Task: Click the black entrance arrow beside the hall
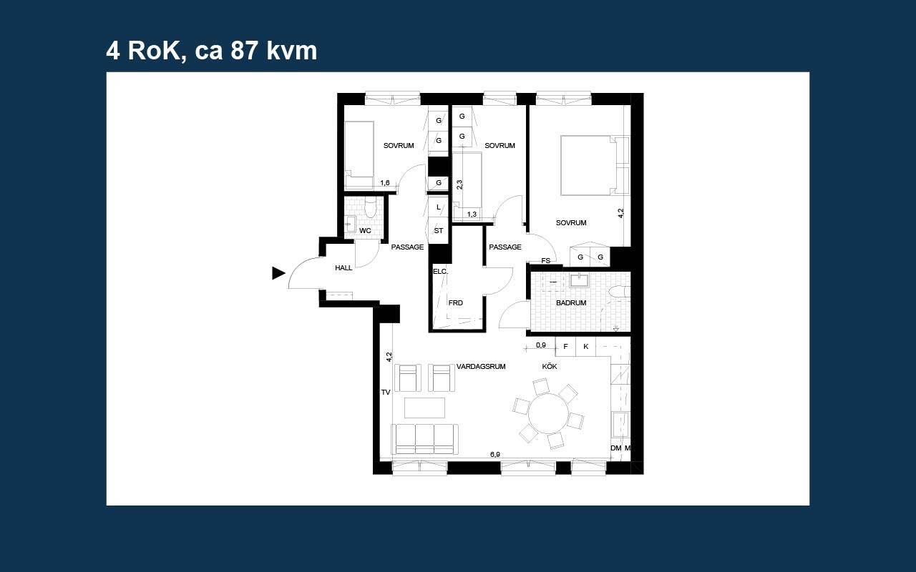point(278,273)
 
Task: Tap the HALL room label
point(343,268)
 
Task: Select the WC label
point(365,231)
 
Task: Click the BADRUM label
point(571,302)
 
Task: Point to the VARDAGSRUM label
point(481,367)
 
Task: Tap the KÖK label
point(550,366)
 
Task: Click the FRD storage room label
point(456,302)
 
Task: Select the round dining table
point(548,413)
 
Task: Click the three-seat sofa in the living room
point(424,439)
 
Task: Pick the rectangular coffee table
point(424,408)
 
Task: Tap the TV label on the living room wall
point(386,393)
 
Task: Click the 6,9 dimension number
point(494,454)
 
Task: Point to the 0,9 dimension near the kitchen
point(540,345)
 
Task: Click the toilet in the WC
point(371,208)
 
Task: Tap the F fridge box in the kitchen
point(565,347)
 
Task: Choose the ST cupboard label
point(439,231)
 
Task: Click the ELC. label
point(440,271)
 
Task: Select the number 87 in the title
point(244,51)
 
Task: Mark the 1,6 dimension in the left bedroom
point(385,183)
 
